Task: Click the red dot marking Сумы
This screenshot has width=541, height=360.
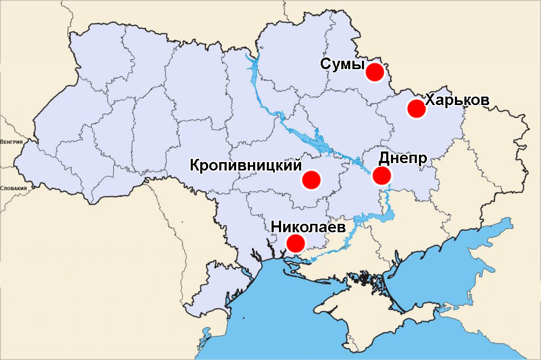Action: click(x=375, y=72)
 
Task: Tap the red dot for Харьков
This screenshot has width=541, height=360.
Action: click(x=416, y=109)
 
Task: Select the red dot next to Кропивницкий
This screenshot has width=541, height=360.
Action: click(x=311, y=179)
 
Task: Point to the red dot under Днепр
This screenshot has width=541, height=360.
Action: click(x=381, y=176)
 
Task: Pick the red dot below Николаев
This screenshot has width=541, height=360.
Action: click(x=295, y=243)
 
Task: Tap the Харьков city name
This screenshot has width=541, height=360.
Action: click(x=457, y=100)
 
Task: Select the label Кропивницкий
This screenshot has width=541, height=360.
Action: click(x=246, y=165)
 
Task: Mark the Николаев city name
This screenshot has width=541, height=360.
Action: click(x=308, y=227)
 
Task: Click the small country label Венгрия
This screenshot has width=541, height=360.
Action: click(x=11, y=142)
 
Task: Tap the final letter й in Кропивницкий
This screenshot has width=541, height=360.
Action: click(x=297, y=165)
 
